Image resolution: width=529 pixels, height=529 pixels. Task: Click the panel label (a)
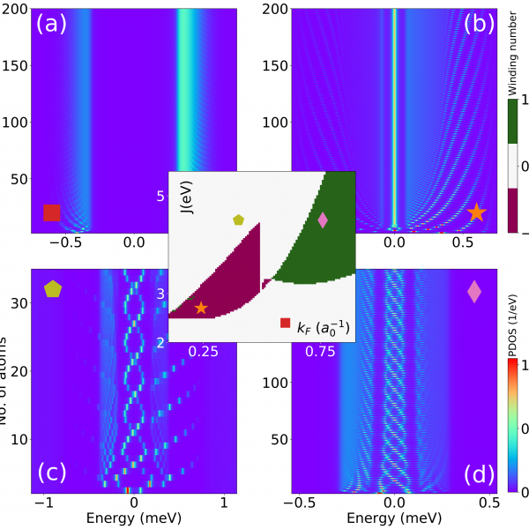pos(51,25)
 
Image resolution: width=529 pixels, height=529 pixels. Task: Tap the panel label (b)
pos(481,25)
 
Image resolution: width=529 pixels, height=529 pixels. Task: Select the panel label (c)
pos(52,474)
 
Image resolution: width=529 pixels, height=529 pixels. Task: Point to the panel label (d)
pos(481,474)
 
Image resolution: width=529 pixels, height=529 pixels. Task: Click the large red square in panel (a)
pos(52,212)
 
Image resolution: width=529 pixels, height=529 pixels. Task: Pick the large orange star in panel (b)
pos(476,212)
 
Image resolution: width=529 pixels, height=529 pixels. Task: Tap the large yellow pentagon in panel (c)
pos(53,288)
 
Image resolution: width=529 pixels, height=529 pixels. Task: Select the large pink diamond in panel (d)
pos(474,292)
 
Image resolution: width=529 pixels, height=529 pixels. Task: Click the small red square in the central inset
pos(285,324)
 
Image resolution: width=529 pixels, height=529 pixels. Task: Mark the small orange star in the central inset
pos(201,308)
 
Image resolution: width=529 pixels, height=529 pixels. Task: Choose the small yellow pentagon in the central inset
pos(238,220)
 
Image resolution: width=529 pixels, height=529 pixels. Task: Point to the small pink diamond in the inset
pos(322,220)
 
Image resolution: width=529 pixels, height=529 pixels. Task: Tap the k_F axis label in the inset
pos(323,328)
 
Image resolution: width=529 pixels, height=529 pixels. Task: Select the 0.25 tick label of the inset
pos(204,351)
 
